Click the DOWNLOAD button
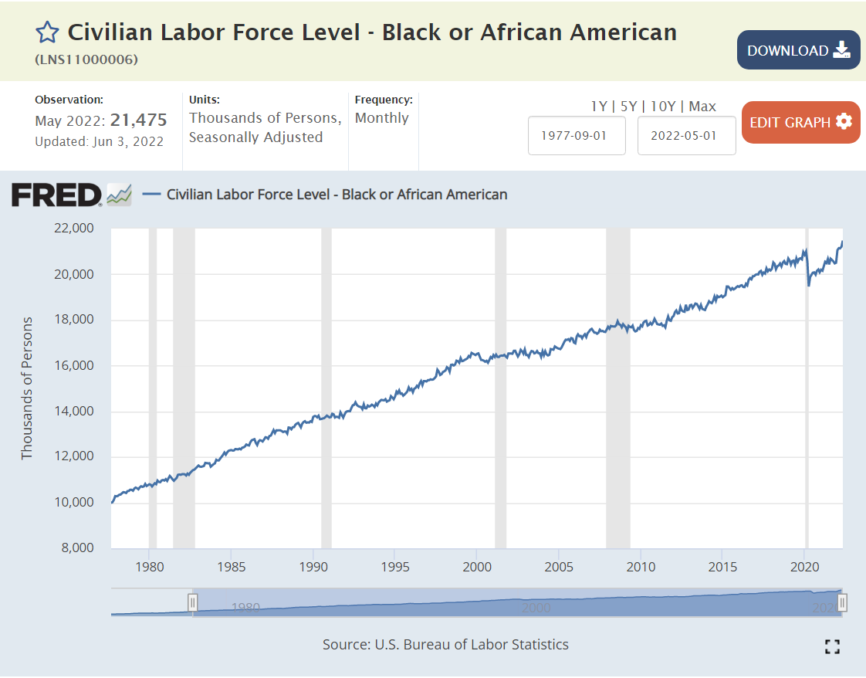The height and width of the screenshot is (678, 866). point(798,50)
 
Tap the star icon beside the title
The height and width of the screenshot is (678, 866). point(47,32)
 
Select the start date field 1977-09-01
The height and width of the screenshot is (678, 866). point(577,135)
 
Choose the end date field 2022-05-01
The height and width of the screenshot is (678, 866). point(686,135)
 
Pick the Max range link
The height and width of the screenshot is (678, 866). point(702,107)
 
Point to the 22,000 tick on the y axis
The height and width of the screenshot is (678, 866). point(73,229)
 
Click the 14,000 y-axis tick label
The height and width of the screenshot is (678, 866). point(73,411)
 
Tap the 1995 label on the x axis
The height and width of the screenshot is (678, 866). point(394,567)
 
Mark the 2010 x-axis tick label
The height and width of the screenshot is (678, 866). point(641,567)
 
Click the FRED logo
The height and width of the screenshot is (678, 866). point(57,194)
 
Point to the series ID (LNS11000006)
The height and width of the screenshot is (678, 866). point(86,59)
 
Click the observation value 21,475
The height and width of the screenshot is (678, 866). point(138,120)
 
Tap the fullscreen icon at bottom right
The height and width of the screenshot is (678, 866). point(832,646)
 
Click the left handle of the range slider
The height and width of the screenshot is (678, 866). point(193,602)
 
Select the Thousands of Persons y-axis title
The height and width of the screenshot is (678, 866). point(28,388)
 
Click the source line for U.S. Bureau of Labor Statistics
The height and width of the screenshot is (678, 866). point(445,644)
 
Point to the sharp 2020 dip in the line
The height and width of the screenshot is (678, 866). point(808,284)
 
